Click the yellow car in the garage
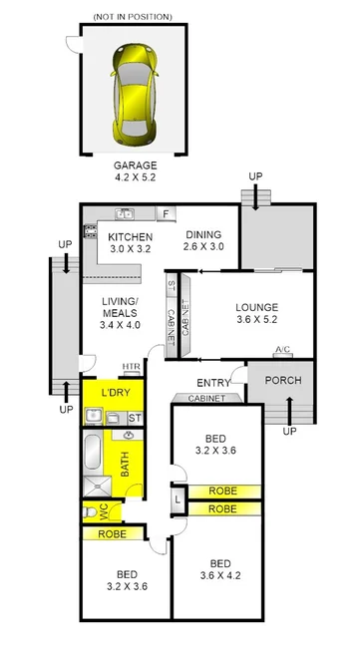coord(138,83)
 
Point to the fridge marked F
coord(166,213)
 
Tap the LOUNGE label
coord(256,307)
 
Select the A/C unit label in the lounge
coord(282,350)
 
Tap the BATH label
coord(126,466)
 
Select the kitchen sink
coord(125,213)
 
